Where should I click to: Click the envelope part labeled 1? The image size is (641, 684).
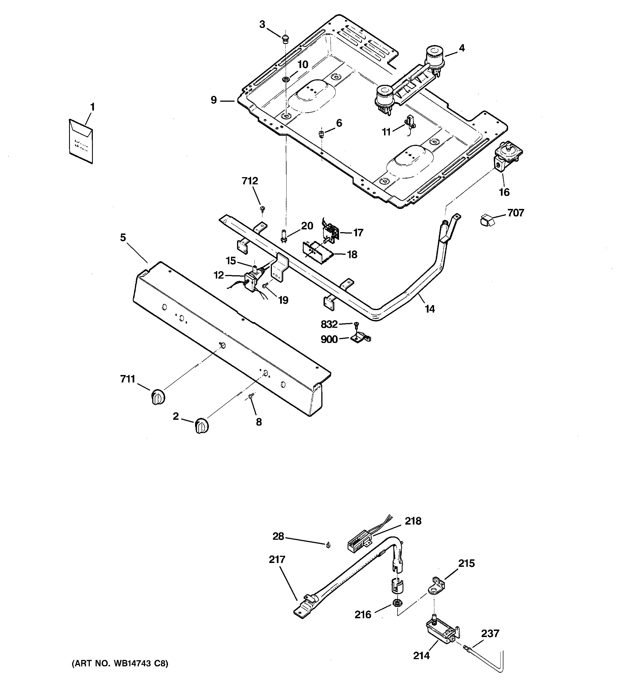click(x=80, y=141)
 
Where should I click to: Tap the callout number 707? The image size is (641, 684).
click(x=515, y=213)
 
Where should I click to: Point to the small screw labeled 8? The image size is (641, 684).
click(x=251, y=396)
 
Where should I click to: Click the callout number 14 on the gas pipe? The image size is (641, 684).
click(x=430, y=309)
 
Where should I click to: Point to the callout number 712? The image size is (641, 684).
click(x=250, y=181)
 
